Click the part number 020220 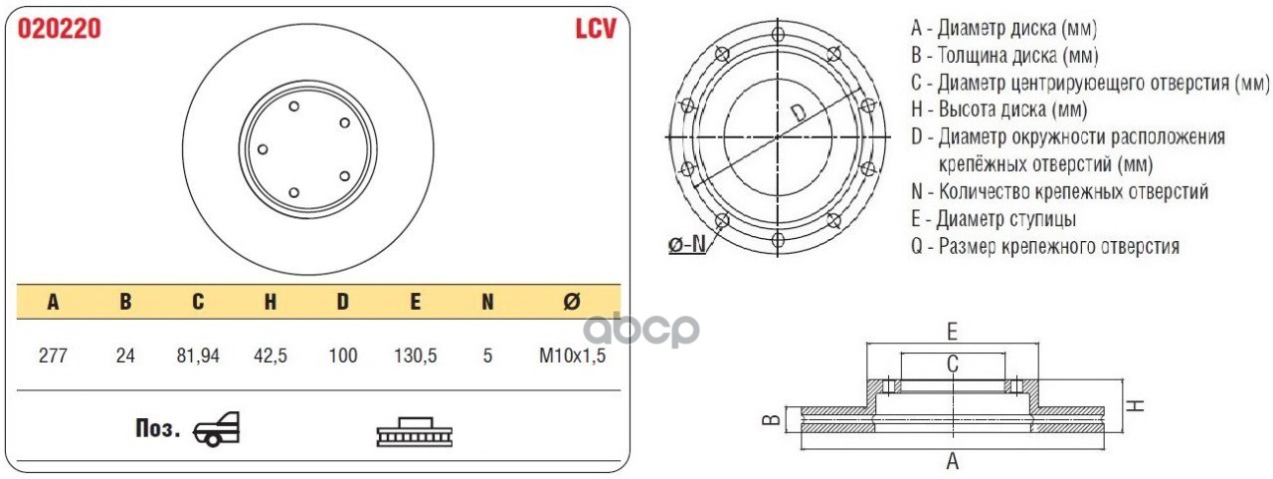[x=60, y=30]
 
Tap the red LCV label [x=595, y=29]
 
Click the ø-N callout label [x=686, y=243]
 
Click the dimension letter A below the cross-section [x=952, y=461]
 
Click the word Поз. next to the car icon [x=157, y=429]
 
